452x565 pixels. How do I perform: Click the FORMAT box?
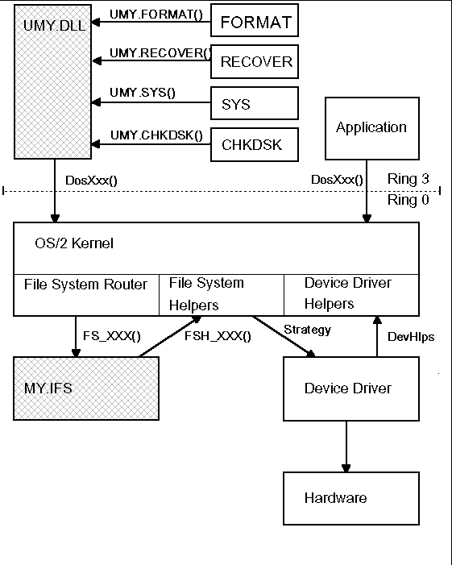(x=255, y=20)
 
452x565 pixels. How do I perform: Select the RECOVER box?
(x=255, y=61)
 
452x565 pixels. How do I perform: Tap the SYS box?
(x=255, y=103)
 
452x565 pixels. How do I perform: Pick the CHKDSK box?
(x=255, y=144)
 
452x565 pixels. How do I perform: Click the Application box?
(x=372, y=128)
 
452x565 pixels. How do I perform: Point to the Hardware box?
(x=351, y=498)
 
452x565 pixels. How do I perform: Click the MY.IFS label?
(x=48, y=388)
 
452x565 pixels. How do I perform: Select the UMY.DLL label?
(x=54, y=25)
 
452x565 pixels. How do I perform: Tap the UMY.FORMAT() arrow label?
(x=156, y=15)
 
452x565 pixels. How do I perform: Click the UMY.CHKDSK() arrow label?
(x=156, y=135)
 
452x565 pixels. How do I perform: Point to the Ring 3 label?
(x=408, y=179)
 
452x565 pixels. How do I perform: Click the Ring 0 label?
(x=408, y=200)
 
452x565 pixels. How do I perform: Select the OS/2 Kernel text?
(x=74, y=243)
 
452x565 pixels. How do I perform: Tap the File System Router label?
(x=85, y=285)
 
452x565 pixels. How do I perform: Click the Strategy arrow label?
(x=307, y=330)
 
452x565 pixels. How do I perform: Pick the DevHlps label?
(x=411, y=337)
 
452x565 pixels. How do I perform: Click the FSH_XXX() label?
(x=218, y=336)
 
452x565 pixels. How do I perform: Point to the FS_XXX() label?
(x=112, y=336)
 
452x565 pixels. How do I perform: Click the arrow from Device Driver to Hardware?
(x=346, y=447)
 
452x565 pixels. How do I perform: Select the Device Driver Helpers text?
(x=348, y=293)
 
